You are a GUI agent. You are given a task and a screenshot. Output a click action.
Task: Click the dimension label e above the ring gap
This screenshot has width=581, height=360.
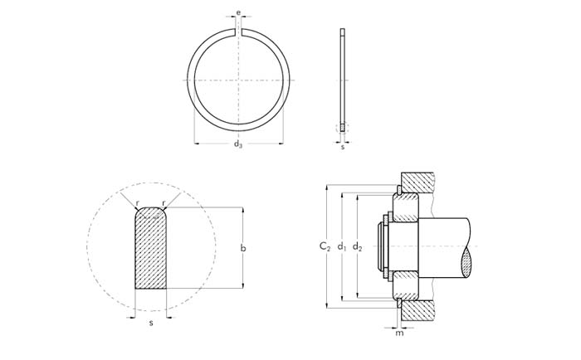(x=238, y=13)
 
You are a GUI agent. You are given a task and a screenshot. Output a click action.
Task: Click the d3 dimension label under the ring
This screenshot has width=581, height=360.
(x=238, y=144)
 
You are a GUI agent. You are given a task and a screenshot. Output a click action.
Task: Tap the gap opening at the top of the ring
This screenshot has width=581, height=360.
(x=238, y=32)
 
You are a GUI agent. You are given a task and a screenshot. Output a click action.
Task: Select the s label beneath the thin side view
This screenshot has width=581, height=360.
(x=342, y=147)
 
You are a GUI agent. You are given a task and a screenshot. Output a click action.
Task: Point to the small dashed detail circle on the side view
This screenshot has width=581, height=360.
(x=342, y=128)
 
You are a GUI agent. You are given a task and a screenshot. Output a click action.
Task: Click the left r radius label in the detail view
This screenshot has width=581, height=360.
(x=137, y=203)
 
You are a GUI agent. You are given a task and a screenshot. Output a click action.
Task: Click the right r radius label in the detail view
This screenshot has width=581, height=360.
(x=164, y=203)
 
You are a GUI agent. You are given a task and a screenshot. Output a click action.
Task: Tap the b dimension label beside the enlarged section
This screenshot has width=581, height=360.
(x=242, y=248)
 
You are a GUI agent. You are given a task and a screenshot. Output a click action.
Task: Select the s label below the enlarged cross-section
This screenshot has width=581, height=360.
(x=151, y=323)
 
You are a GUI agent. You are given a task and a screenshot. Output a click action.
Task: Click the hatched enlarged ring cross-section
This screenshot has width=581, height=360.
(x=150, y=248)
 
